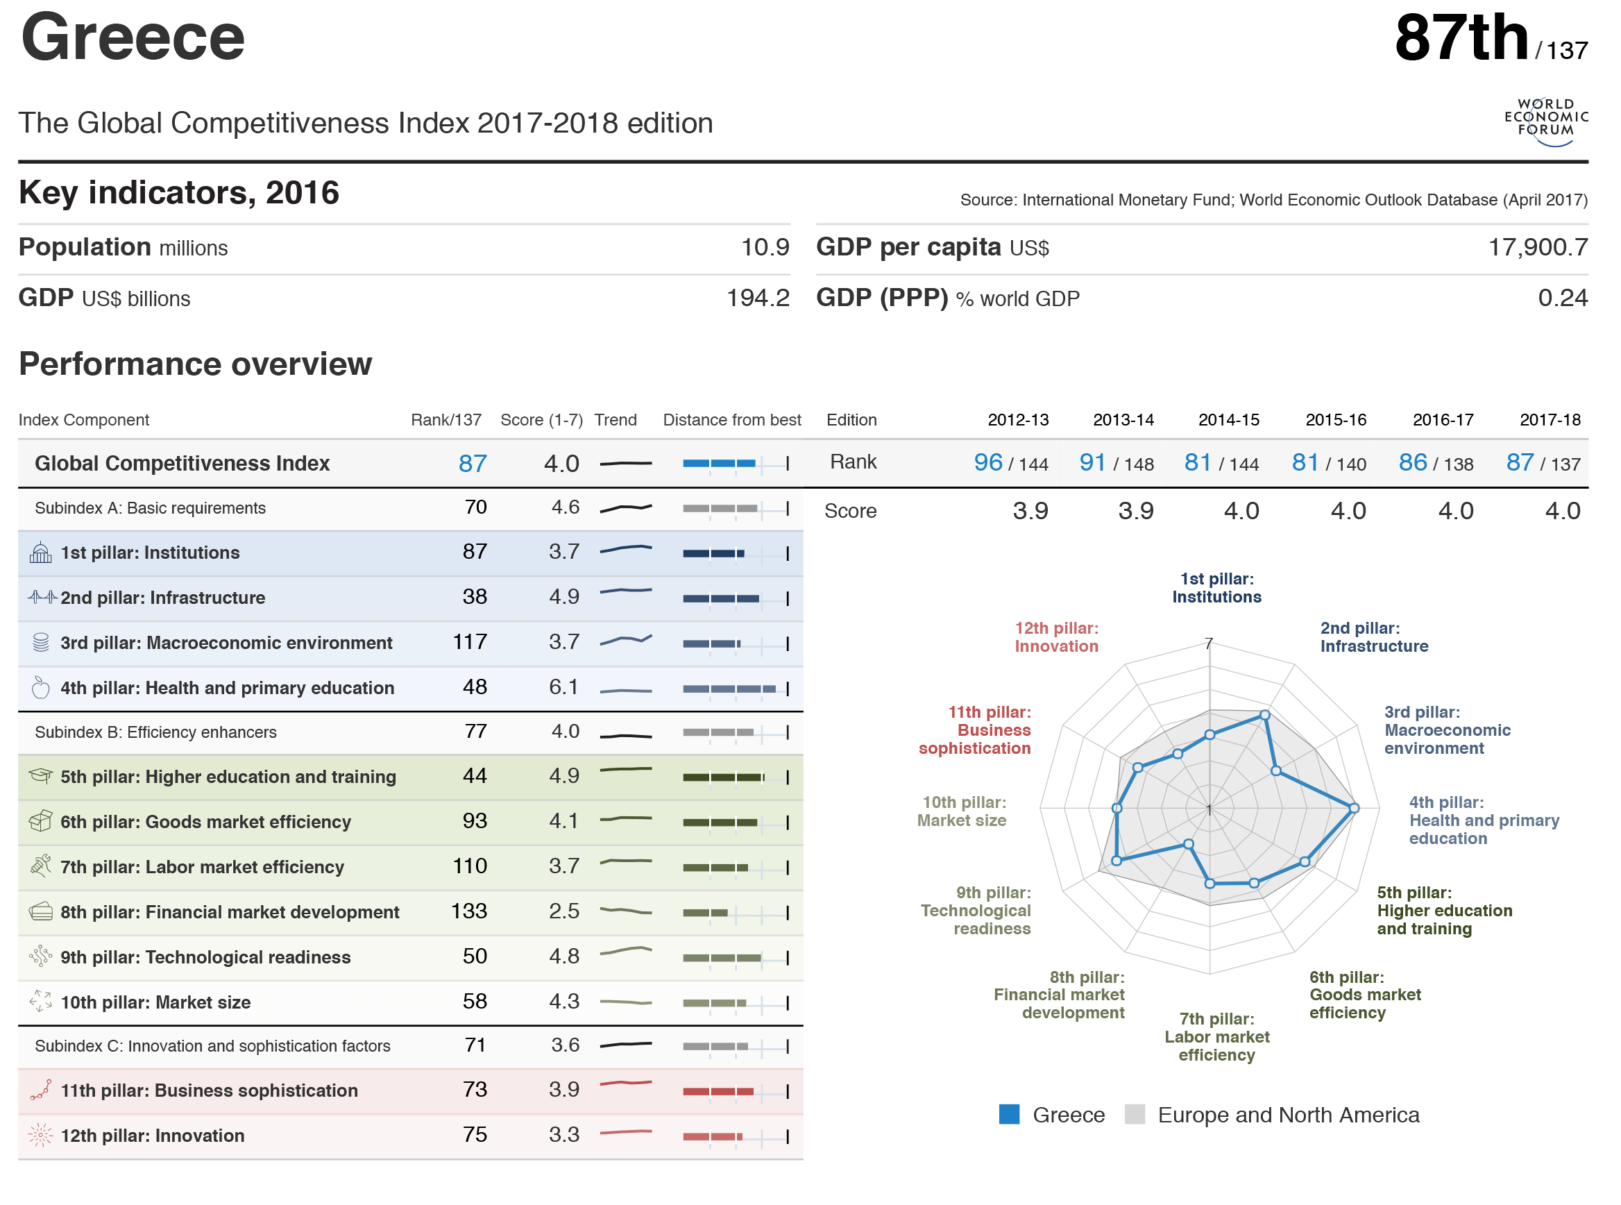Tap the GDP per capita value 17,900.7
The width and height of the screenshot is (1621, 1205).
(x=1536, y=247)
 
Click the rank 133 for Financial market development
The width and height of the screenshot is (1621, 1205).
(x=468, y=911)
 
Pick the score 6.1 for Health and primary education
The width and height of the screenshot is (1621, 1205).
(x=563, y=687)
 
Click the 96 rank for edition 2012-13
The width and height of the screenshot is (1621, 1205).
(x=987, y=462)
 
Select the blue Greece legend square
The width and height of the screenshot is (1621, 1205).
(x=1008, y=1114)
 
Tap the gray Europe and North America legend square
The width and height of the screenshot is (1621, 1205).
(x=1134, y=1114)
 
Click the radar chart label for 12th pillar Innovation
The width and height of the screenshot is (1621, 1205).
(x=1056, y=637)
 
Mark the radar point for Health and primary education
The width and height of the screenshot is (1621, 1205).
(x=1353, y=807)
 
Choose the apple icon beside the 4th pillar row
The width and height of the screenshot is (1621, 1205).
(x=41, y=687)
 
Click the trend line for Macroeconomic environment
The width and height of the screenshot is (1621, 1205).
(x=625, y=641)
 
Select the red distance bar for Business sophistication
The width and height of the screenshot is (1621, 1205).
(x=718, y=1091)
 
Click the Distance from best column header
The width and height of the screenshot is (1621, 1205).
(x=731, y=419)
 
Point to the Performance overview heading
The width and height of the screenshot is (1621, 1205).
(x=196, y=363)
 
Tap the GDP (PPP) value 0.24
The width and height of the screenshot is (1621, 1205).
(x=1562, y=298)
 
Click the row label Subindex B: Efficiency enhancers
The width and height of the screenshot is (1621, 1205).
(x=155, y=732)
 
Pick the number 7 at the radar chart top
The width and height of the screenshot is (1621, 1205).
(x=1208, y=643)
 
